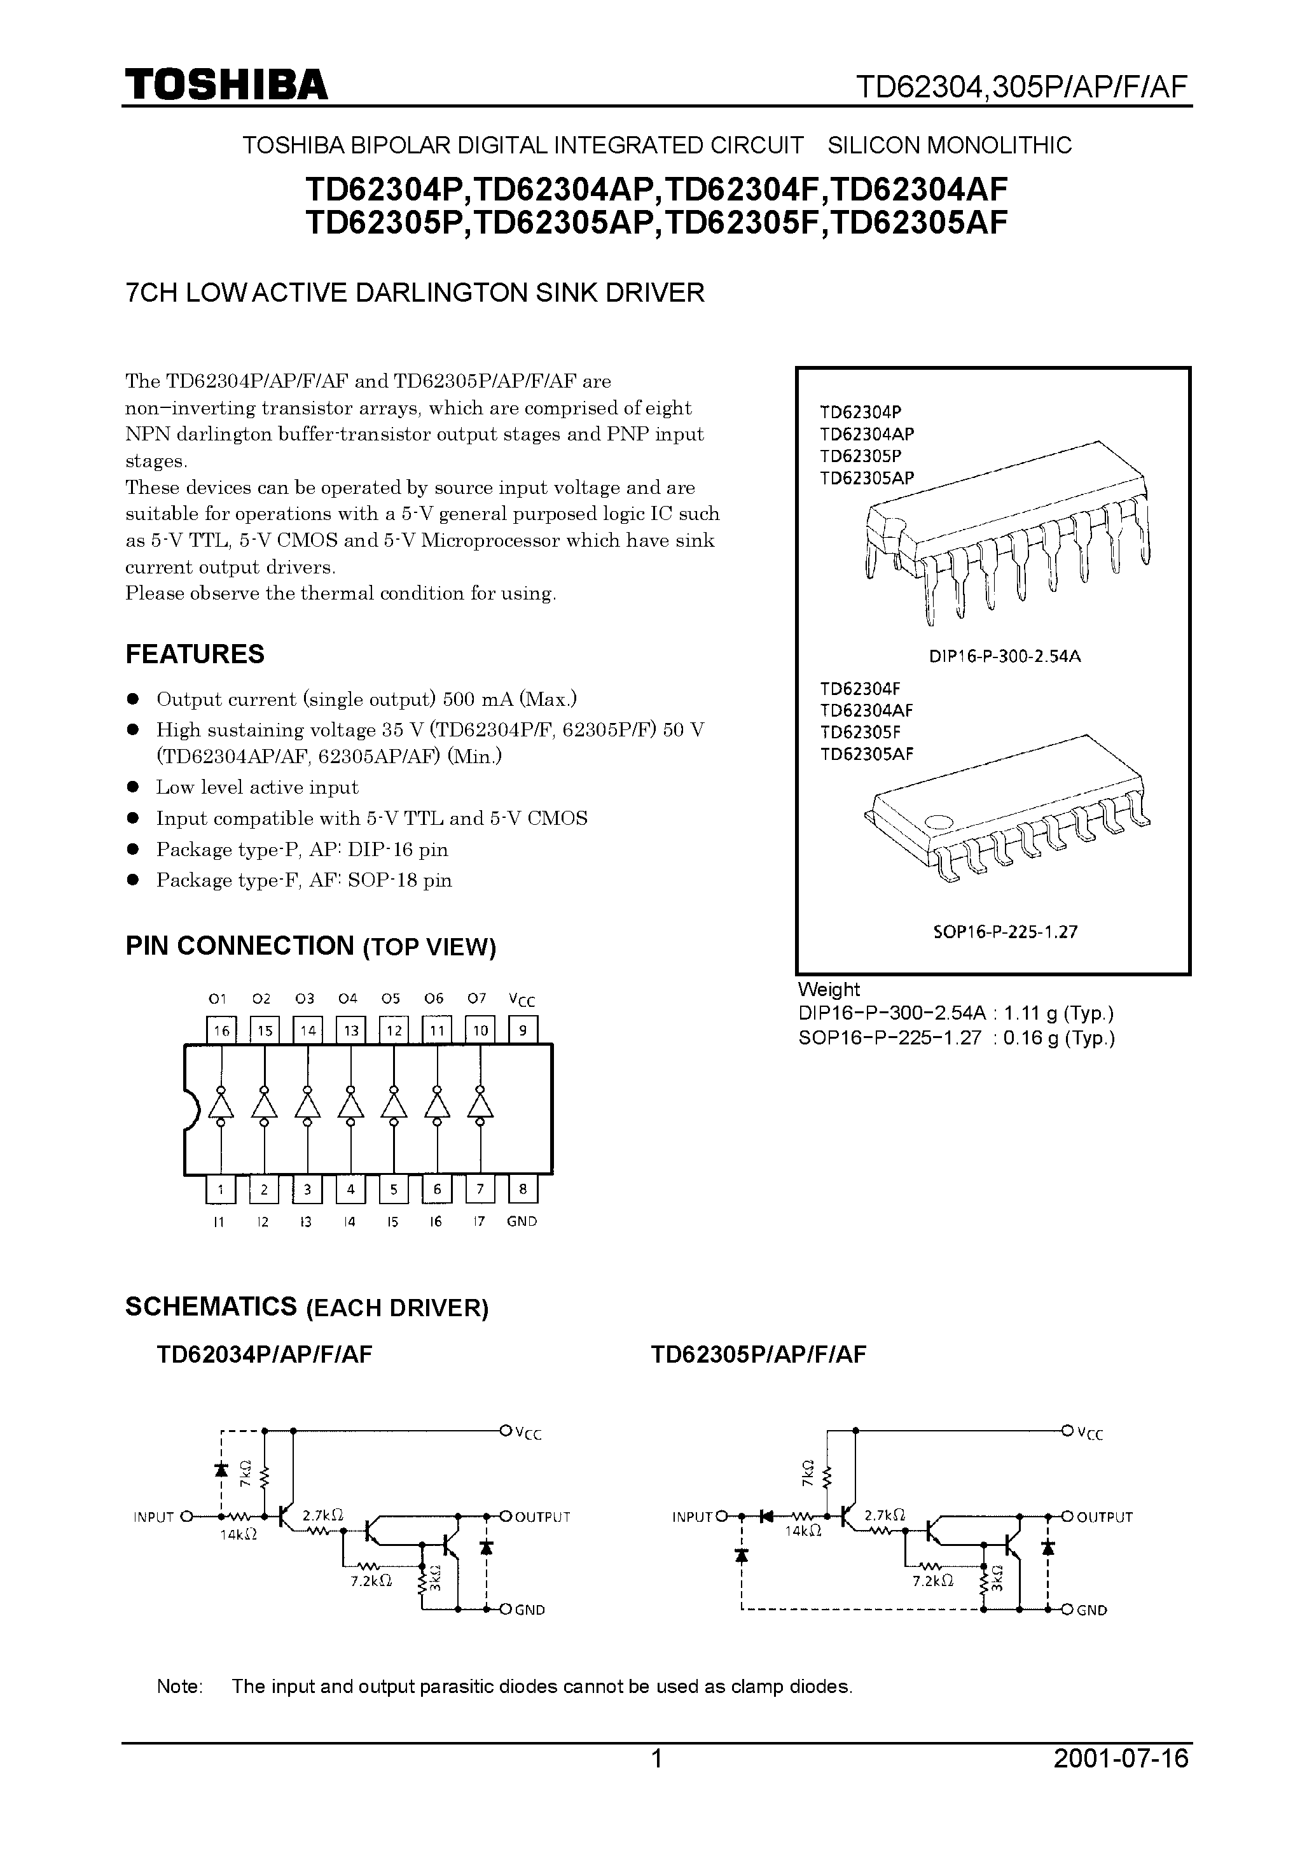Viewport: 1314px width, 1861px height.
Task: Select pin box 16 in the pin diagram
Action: pos(220,1030)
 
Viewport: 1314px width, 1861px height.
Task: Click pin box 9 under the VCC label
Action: pos(523,1030)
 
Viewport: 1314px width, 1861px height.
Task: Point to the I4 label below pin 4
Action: pos(349,1221)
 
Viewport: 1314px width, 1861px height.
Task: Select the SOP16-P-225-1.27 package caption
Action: pos(1004,931)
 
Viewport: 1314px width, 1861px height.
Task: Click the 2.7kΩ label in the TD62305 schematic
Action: pos(885,1514)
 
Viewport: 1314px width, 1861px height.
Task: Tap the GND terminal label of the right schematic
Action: pos(1091,1610)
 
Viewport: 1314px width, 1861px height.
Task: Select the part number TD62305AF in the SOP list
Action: pos(866,754)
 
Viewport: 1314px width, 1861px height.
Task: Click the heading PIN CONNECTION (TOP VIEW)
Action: pos(310,946)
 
